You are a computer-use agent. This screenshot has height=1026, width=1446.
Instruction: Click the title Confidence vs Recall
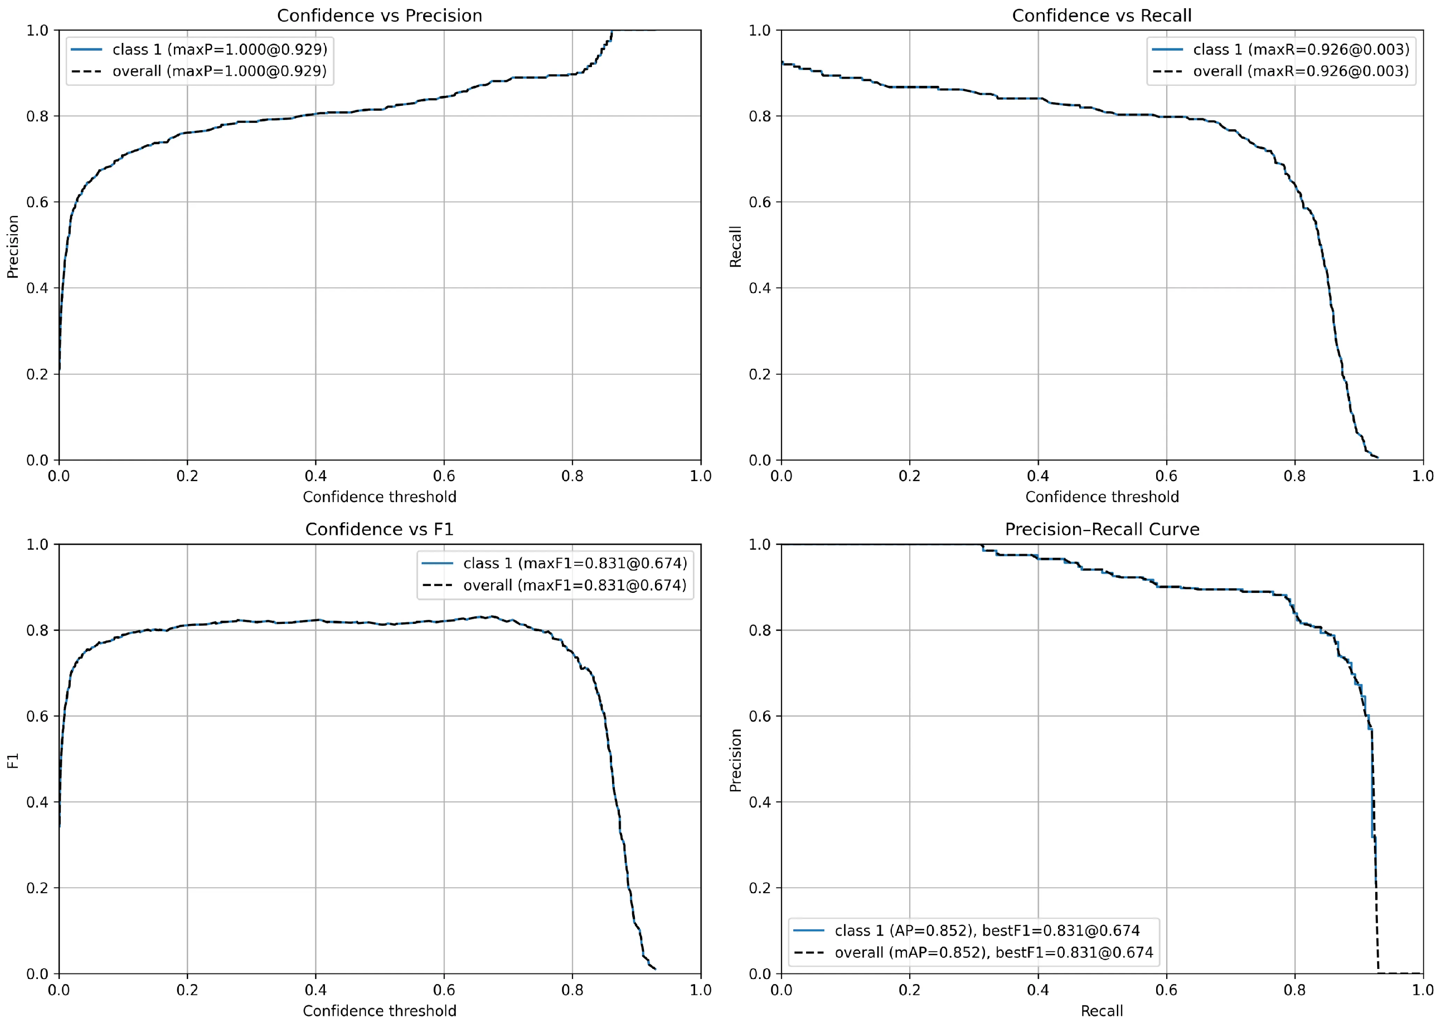coord(1102,16)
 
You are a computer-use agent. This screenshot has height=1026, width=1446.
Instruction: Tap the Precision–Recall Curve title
coord(1102,529)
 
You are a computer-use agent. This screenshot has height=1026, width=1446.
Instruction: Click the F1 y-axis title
coord(13,761)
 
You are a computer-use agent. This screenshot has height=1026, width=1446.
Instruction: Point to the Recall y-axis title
coord(735,246)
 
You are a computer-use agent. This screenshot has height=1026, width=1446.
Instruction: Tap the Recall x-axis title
coord(1102,1011)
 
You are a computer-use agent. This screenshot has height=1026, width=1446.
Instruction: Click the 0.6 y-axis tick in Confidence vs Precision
coord(38,202)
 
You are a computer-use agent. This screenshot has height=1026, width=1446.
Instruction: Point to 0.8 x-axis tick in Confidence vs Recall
coord(1294,476)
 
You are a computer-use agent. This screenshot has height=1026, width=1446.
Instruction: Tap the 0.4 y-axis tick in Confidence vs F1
coord(38,802)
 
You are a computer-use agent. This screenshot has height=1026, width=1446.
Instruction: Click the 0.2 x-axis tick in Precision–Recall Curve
coord(910,989)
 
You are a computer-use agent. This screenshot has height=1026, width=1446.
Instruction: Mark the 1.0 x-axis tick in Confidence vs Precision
coord(701,476)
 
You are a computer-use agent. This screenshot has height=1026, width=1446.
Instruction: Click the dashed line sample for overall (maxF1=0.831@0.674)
coord(437,585)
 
